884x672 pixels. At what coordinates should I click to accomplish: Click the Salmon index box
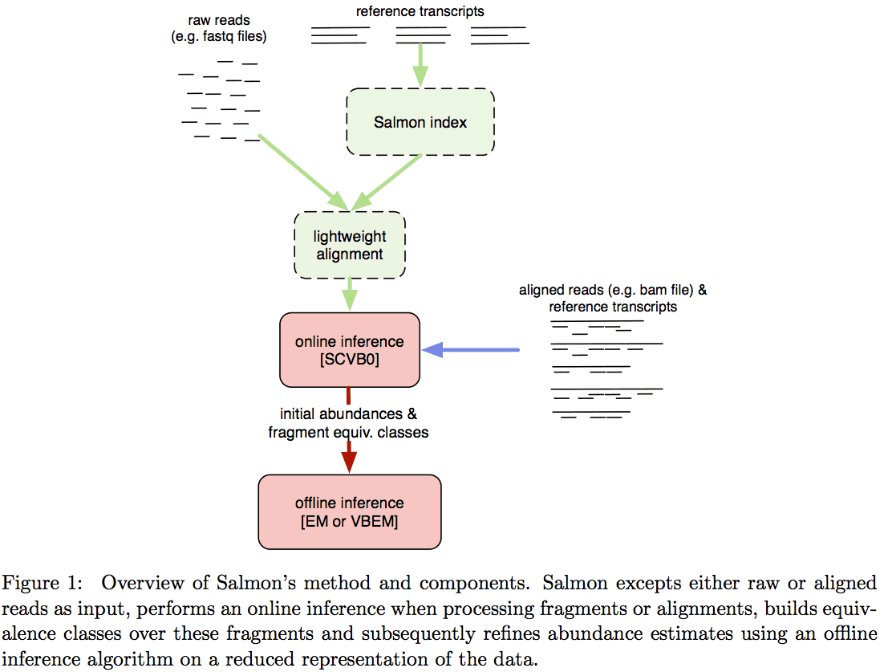420,122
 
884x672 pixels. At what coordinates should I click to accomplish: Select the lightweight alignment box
350,245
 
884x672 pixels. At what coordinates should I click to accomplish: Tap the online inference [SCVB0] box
349,350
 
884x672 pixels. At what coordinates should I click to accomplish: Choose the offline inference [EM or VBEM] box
349,511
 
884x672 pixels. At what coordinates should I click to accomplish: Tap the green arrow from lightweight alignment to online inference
350,294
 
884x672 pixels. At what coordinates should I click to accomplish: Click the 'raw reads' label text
218,19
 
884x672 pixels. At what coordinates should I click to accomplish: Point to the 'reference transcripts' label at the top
420,11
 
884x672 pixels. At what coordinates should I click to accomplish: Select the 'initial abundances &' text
348,414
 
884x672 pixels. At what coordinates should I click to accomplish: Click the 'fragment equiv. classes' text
348,432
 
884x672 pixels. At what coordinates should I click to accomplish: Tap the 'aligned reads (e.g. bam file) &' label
613,290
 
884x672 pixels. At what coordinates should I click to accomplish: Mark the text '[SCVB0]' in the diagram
349,360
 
